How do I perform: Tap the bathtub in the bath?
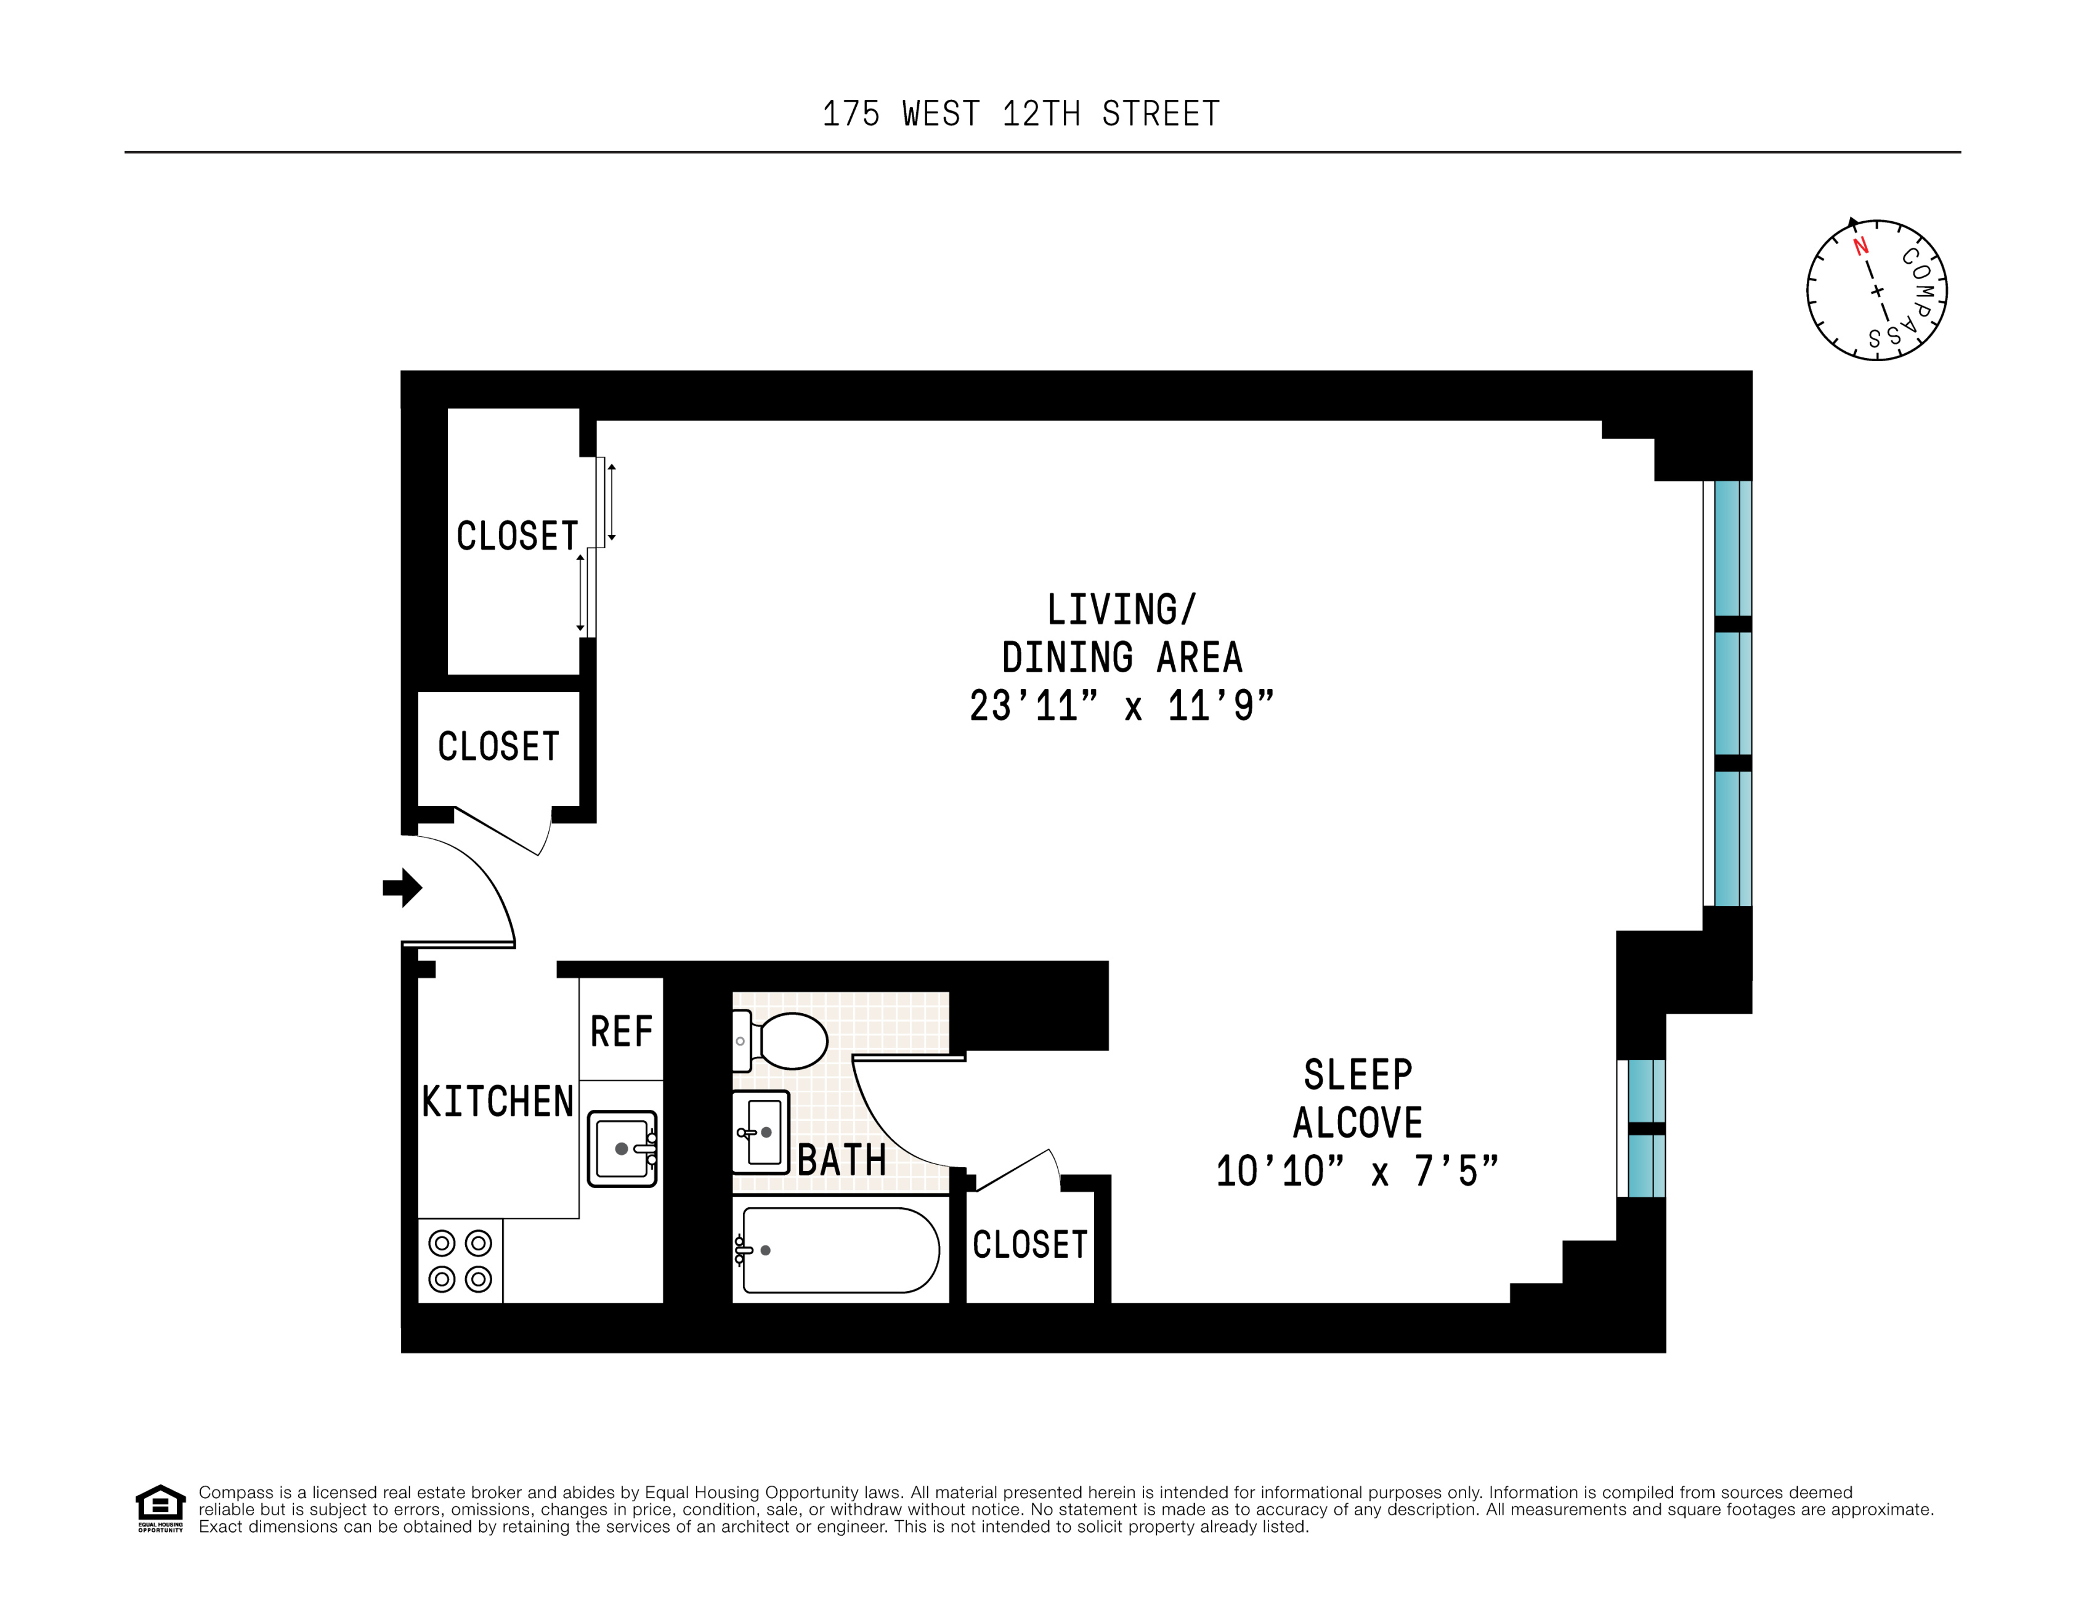(x=838, y=1250)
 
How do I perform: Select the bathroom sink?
(x=760, y=1133)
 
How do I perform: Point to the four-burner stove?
(x=460, y=1260)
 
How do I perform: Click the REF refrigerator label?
(x=621, y=1032)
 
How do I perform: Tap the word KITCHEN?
(x=497, y=1102)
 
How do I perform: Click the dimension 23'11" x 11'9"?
(x=1121, y=706)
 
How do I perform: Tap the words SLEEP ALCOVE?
(x=1358, y=1098)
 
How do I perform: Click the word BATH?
(x=842, y=1160)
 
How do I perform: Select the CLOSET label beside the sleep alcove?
(x=1030, y=1244)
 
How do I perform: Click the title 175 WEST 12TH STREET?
(x=1021, y=115)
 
